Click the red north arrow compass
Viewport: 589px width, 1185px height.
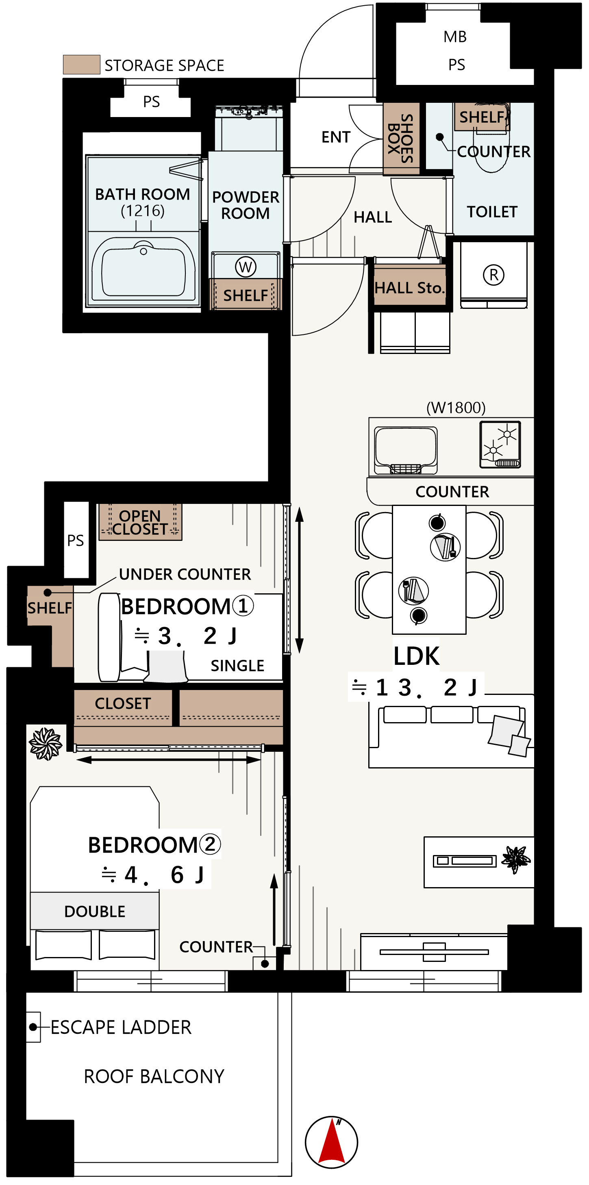click(331, 1142)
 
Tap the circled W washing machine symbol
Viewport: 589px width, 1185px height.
click(246, 267)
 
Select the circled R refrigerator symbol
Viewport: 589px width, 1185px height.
click(494, 275)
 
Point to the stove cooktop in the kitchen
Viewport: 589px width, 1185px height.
click(500, 445)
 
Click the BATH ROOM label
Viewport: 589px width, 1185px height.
click(143, 195)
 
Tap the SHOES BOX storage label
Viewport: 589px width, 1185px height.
click(401, 139)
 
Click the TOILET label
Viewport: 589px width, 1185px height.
click(492, 212)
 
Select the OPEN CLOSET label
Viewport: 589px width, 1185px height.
click(140, 523)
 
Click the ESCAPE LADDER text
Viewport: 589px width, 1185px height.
click(121, 1027)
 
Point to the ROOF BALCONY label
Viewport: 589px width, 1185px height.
click(154, 1076)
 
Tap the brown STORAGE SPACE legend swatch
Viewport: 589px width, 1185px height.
click(81, 64)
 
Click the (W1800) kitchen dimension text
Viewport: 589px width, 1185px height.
click(456, 408)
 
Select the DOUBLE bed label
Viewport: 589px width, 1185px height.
click(95, 911)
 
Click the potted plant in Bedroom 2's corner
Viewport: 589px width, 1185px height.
click(46, 744)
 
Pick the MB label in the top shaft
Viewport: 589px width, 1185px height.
click(455, 37)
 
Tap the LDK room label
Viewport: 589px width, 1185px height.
click(416, 656)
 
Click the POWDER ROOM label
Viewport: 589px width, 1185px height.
click(246, 205)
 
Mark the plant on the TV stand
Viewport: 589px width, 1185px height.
click(516, 859)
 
